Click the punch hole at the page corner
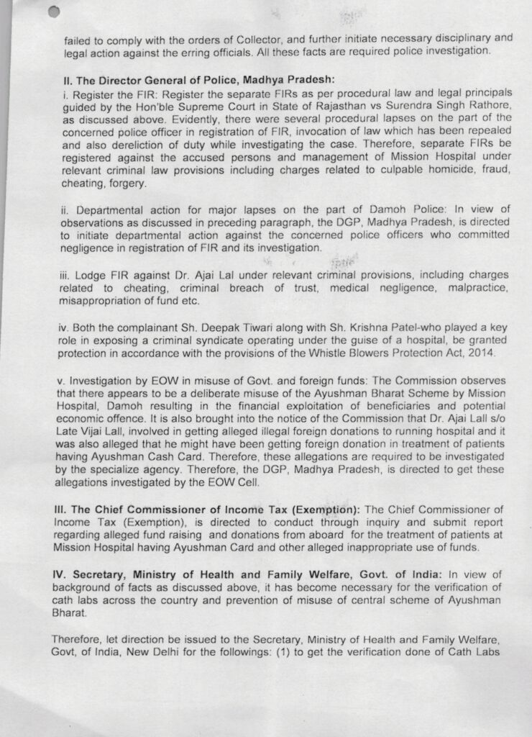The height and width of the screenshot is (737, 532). click(x=52, y=12)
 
